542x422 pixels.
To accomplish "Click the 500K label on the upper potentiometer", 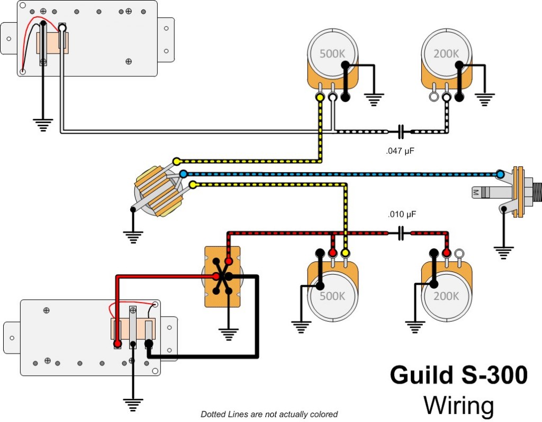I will coord(332,54).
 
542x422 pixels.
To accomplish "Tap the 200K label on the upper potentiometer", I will coord(446,54).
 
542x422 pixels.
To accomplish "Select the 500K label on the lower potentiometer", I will coord(332,295).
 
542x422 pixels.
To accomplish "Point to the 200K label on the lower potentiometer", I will coord(446,295).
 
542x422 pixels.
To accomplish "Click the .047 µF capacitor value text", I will coord(400,151).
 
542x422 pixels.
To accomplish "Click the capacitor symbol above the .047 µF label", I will coord(401,130).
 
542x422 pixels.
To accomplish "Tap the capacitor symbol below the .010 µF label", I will coord(401,232).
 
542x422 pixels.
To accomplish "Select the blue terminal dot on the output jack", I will coord(500,174).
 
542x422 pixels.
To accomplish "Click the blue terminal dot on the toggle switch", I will coord(183,174).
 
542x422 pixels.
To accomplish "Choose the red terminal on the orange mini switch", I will coord(229,261).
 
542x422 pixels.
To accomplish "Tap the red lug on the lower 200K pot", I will coord(447,253).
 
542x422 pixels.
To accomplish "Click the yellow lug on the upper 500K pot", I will coord(320,98).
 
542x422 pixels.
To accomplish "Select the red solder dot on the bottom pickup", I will coord(117,344).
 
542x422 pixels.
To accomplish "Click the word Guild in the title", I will coord(419,375).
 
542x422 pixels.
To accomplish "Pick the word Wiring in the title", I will coord(458,406).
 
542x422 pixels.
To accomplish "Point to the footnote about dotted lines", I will coord(269,414).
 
